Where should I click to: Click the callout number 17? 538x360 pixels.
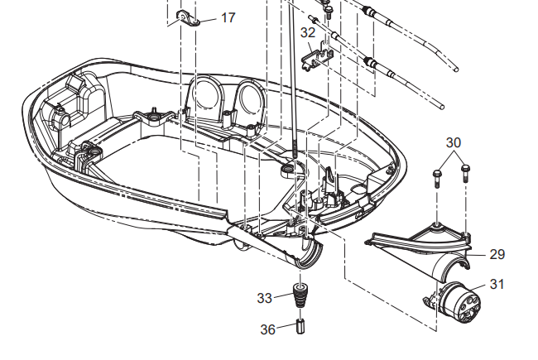click(x=228, y=17)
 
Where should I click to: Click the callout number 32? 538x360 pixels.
click(x=308, y=32)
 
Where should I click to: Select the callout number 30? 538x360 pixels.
click(x=454, y=142)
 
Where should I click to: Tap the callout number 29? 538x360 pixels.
click(x=497, y=254)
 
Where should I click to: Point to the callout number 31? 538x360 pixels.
click(x=497, y=284)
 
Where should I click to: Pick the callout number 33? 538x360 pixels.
click(x=265, y=298)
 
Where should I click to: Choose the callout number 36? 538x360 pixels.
click(x=267, y=329)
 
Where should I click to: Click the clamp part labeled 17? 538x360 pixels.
click(x=188, y=18)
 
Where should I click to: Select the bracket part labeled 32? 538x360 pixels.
click(x=317, y=56)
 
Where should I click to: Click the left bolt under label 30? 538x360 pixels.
click(x=437, y=178)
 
